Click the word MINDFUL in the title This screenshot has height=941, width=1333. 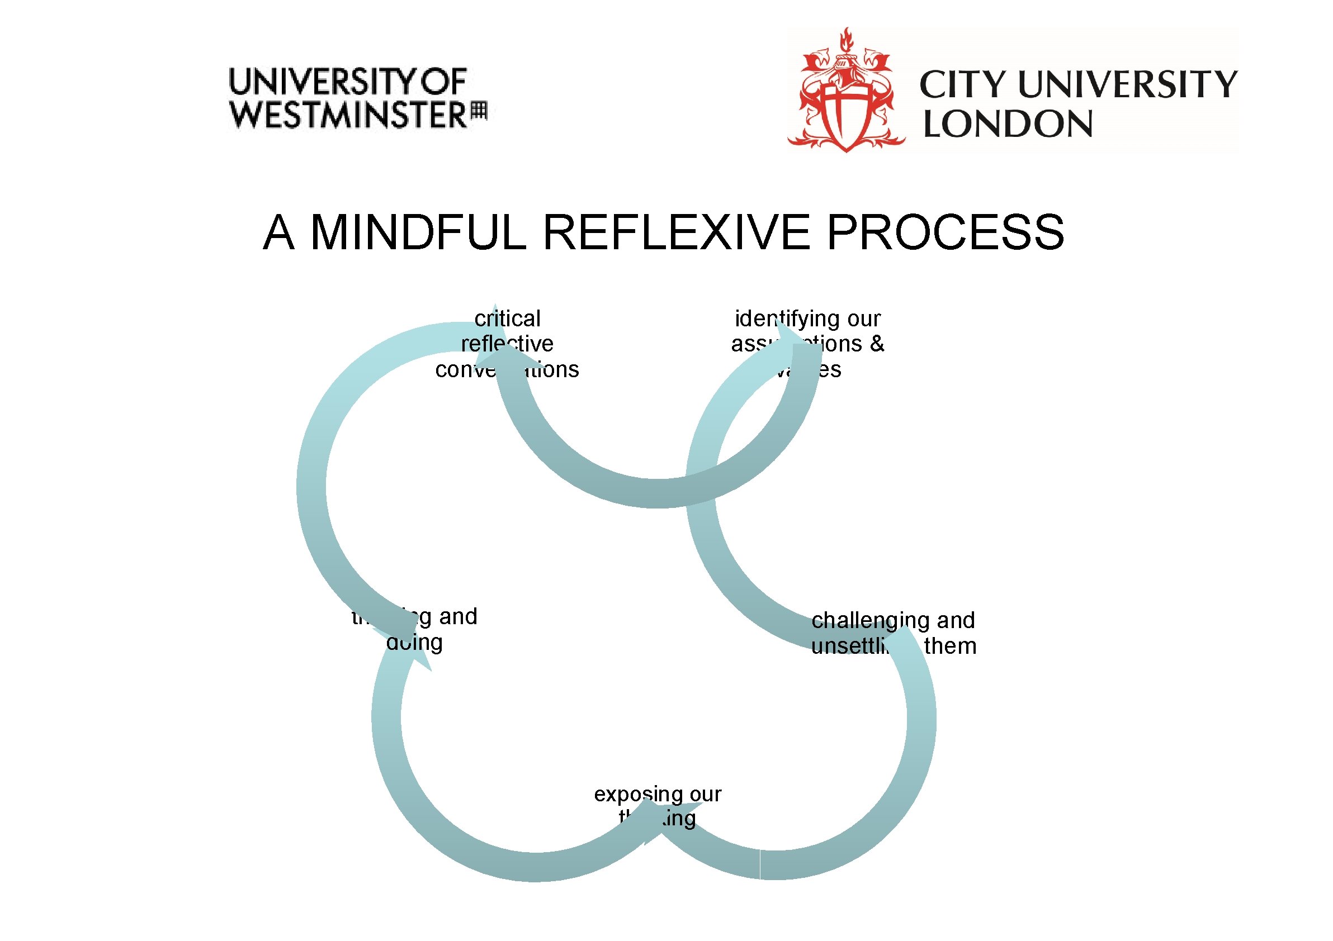click(x=418, y=232)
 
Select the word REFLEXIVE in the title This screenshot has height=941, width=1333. click(x=676, y=232)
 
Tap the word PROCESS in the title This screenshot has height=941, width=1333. click(x=944, y=232)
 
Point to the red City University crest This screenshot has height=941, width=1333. click(x=846, y=93)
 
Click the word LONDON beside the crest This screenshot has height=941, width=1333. click(x=1008, y=124)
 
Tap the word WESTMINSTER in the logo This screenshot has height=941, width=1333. click(x=348, y=115)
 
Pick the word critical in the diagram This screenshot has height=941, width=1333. click(x=507, y=319)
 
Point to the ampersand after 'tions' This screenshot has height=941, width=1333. click(x=877, y=344)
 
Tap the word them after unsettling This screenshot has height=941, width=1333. click(x=951, y=647)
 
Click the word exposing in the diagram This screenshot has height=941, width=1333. click(x=631, y=794)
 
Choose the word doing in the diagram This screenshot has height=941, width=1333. click(x=414, y=642)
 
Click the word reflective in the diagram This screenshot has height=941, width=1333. click(x=507, y=344)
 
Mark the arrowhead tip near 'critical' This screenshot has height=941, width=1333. click(x=495, y=305)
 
